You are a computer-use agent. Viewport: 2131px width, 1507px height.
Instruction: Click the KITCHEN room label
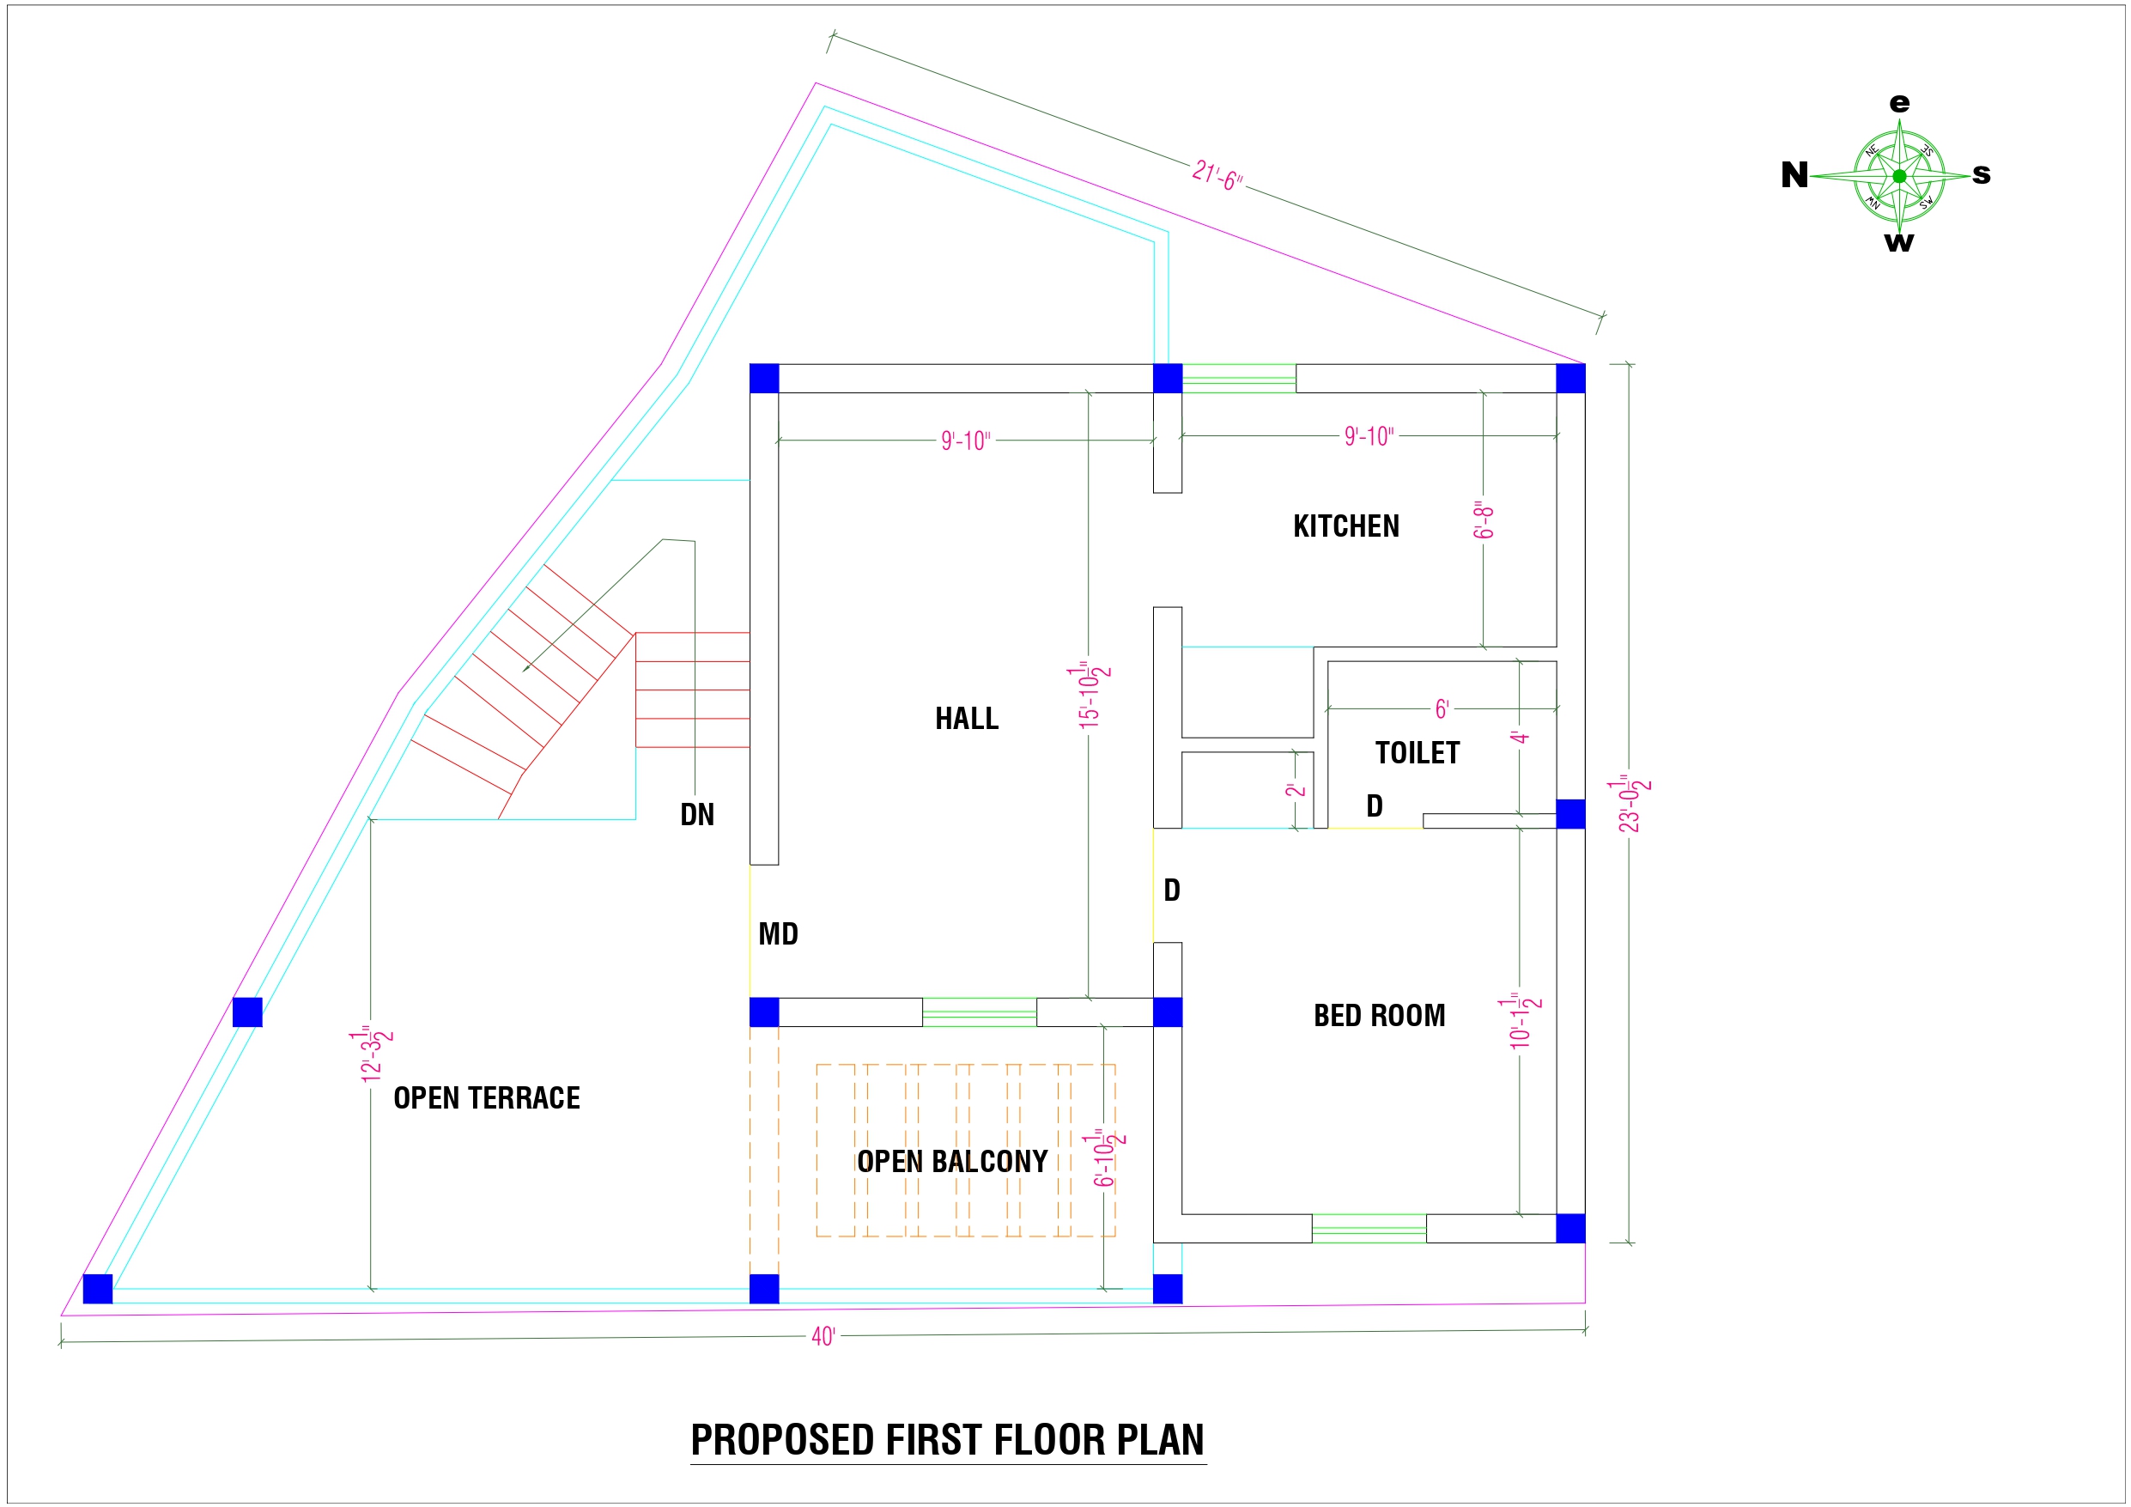tap(1345, 526)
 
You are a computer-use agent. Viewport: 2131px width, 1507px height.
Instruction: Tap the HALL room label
tap(966, 719)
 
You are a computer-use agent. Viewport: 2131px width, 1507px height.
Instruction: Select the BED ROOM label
tap(1379, 1016)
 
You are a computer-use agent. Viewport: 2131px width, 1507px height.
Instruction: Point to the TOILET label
tap(1418, 753)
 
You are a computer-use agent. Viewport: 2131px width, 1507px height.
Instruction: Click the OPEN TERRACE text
tap(486, 1098)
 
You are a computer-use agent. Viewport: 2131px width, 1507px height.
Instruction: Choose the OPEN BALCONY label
tap(952, 1162)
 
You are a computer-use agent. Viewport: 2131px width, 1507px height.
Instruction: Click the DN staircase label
tap(697, 815)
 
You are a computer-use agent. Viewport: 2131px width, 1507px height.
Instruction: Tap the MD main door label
tap(778, 934)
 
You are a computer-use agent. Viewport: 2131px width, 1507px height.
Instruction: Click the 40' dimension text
tap(823, 1336)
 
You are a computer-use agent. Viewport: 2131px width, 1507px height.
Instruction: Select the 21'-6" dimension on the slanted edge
tap(1217, 175)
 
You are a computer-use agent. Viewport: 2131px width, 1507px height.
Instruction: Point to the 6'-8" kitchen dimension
tap(1483, 521)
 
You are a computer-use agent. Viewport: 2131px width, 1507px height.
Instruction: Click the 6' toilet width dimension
tap(1442, 709)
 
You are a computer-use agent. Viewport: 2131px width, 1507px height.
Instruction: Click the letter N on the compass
tap(1794, 175)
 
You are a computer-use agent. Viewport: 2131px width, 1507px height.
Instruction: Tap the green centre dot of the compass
tap(1899, 176)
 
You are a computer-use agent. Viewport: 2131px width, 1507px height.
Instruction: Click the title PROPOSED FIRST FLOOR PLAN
tap(948, 1440)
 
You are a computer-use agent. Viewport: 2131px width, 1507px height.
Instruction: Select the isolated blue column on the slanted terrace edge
tap(247, 1012)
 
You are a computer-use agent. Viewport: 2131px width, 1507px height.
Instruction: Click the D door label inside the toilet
tap(1375, 806)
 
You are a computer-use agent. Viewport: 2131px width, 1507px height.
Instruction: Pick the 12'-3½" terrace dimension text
tap(372, 1054)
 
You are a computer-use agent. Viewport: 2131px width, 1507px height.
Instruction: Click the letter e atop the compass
tap(1900, 103)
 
